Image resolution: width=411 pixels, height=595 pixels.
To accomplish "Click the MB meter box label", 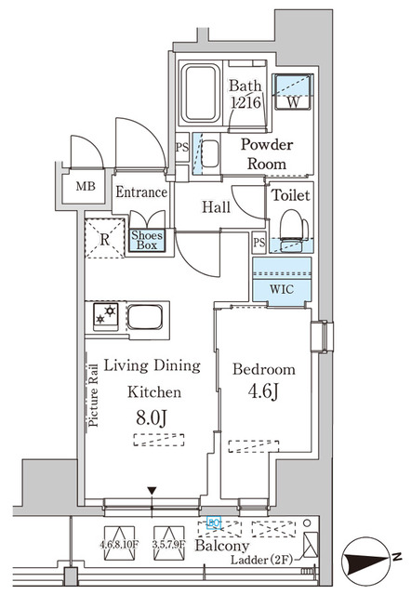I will coord(86,186).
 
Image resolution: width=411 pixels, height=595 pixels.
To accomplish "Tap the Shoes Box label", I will coord(146,241).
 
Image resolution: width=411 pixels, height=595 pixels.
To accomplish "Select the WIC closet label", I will coord(282,288).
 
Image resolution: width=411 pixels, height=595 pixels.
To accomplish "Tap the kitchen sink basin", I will coord(145,319).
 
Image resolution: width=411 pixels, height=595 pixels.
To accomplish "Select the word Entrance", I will coord(141,193).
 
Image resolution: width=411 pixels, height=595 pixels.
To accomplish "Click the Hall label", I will coord(216,209).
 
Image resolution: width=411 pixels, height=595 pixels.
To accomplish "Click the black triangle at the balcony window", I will coord(152,491).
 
